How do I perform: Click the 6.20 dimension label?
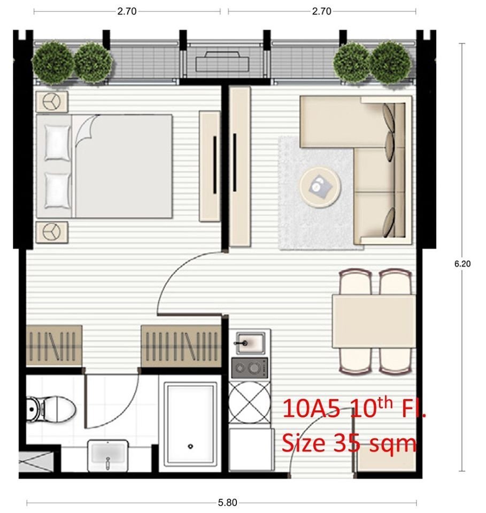point(462,263)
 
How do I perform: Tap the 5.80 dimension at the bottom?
point(227,502)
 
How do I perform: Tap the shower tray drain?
point(190,446)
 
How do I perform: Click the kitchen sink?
point(250,343)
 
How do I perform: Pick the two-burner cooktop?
point(249,368)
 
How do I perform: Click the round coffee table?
point(320,188)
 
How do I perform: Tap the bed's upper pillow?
point(57,143)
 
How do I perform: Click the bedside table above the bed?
point(52,102)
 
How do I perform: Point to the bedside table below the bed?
point(52,232)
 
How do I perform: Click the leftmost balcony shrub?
point(52,62)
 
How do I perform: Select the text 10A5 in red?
point(311,409)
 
